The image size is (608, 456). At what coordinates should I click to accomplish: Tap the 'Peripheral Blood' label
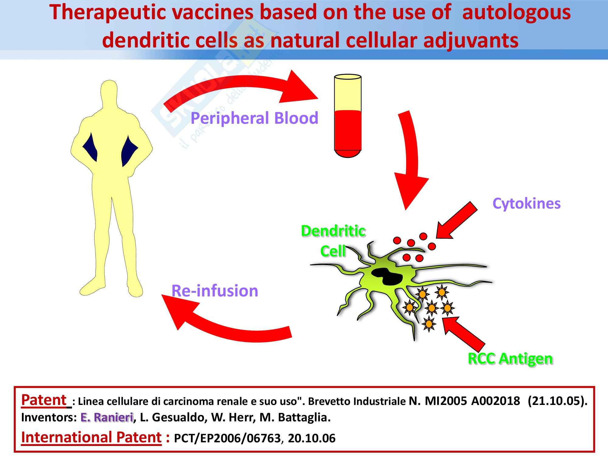(254, 118)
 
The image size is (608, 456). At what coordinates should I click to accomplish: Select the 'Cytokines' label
(526, 203)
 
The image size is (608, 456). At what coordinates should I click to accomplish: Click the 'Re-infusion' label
(215, 291)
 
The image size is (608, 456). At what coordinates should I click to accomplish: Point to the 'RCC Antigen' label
(510, 358)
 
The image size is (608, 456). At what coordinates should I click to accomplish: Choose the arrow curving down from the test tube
(410, 161)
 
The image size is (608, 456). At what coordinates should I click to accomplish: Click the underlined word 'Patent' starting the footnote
(44, 400)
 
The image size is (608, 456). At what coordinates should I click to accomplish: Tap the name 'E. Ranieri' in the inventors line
(107, 418)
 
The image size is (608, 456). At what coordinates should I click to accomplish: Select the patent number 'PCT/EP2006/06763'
(227, 438)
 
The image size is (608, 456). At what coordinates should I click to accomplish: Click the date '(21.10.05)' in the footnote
(557, 401)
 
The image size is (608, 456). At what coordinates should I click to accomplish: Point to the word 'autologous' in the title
(516, 13)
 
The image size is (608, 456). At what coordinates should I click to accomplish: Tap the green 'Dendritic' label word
(333, 231)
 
